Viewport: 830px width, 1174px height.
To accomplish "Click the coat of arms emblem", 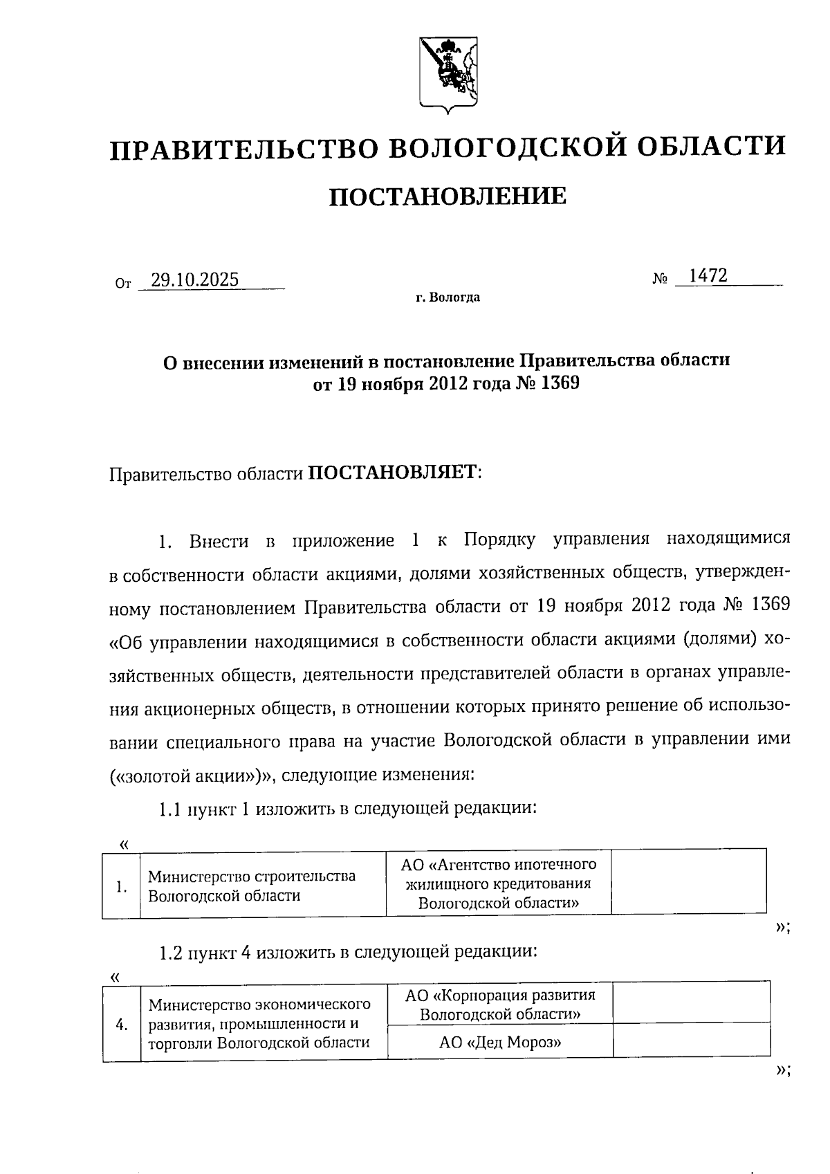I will coord(448,74).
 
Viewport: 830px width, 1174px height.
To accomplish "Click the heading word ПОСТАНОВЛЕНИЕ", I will coord(447,196).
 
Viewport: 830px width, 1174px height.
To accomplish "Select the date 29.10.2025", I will coord(195,279).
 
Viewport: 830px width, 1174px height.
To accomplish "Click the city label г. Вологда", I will coord(448,298).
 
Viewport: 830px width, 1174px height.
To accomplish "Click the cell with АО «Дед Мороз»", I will coord(499,1041).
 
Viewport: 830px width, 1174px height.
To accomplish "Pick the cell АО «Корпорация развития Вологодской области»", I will coord(499,1005).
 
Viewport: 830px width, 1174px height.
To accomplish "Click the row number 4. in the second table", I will coord(122,1025).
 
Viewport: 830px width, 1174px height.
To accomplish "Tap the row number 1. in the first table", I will coord(122,886).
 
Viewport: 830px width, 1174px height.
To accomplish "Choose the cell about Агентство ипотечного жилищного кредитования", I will coord(498,883).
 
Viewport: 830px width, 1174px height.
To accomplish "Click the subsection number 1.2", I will coord(169,953).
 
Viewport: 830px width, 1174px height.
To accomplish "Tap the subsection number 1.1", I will coord(169,809).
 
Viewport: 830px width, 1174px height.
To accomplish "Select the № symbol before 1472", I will coord(660,279).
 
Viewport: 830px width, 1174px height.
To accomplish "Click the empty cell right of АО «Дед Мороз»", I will coord(691,1040).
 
